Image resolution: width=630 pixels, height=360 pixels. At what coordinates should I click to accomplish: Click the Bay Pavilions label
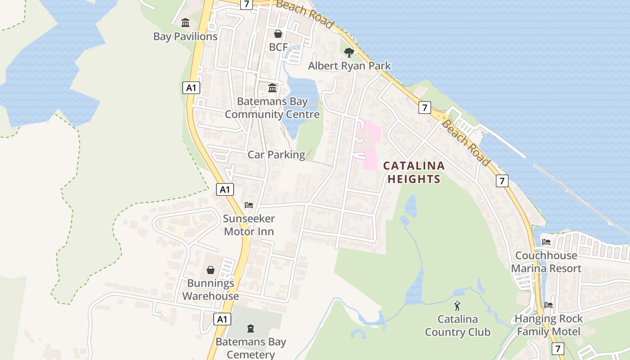185,37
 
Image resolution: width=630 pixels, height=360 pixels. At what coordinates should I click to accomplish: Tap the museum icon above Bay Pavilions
185,22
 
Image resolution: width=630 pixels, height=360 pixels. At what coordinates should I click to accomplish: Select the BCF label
278,47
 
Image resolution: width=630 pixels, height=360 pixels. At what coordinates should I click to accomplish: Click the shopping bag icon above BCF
278,34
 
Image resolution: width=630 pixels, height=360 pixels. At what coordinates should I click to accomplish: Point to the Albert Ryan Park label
349,66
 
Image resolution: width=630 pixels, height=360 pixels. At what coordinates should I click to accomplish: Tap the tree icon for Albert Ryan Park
349,52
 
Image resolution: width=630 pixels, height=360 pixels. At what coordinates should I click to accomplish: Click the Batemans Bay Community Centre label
272,108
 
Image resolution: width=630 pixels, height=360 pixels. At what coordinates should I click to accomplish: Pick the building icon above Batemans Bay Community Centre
272,88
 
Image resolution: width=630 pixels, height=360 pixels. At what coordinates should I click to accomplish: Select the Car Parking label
276,155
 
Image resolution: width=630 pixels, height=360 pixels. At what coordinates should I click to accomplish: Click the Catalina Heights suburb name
414,172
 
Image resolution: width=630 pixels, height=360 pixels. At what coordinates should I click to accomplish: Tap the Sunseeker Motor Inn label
249,225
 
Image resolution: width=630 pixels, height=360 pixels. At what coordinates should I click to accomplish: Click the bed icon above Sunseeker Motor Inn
249,205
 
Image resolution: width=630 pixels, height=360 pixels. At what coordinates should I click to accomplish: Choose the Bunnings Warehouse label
211,290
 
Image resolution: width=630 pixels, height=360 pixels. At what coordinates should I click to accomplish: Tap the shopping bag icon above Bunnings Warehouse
211,270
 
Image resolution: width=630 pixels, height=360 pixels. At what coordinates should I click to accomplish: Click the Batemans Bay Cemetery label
251,348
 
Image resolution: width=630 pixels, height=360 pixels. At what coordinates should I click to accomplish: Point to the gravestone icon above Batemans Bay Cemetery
251,328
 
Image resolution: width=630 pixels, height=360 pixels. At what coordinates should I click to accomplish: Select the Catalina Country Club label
457,326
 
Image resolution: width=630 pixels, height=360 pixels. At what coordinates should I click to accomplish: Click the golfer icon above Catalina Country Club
457,306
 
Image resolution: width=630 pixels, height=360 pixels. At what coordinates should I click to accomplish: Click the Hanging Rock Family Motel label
549,325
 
